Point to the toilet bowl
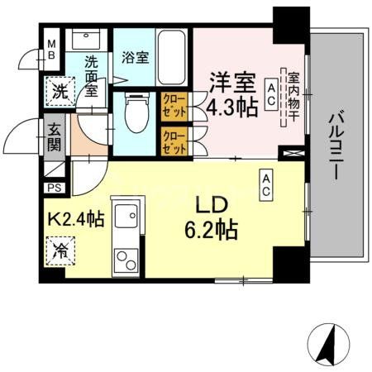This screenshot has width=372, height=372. click(x=132, y=112)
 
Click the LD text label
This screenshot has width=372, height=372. click(x=209, y=206)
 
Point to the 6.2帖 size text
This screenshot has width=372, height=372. click(x=209, y=228)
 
